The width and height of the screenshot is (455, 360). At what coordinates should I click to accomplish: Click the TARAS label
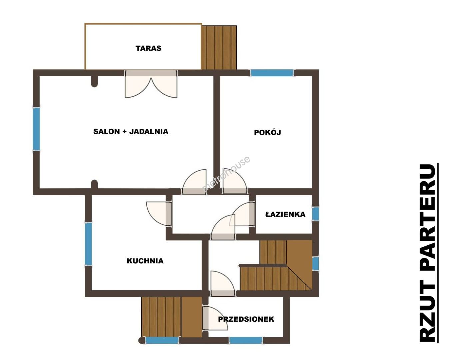tap(148, 48)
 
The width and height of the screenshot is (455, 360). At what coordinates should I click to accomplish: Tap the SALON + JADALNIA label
tap(131, 132)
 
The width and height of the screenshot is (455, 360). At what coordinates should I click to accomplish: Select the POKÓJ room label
tap(267, 132)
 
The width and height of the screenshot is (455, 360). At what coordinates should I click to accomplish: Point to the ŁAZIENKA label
tap(285, 214)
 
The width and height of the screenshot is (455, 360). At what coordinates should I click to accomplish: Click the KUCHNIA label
tap(145, 261)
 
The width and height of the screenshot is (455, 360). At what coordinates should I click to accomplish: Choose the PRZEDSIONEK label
tap(246, 319)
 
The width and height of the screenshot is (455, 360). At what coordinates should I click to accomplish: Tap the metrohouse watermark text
tap(226, 174)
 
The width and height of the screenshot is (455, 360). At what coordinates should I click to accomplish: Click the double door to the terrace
tap(151, 84)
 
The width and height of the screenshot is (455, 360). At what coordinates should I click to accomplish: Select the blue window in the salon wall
tap(36, 129)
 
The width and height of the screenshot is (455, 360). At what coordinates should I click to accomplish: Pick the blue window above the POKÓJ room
tap(272, 73)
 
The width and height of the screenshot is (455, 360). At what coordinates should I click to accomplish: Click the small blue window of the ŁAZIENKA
tap(315, 214)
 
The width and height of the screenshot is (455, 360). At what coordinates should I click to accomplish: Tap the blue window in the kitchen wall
tap(88, 244)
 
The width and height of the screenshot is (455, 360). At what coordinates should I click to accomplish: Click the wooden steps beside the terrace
tap(219, 48)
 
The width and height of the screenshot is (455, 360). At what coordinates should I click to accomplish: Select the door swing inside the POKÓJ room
tap(235, 181)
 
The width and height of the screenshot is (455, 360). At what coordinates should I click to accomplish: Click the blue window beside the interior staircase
tap(315, 264)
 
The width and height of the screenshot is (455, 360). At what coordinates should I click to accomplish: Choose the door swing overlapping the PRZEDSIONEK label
tap(215, 318)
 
